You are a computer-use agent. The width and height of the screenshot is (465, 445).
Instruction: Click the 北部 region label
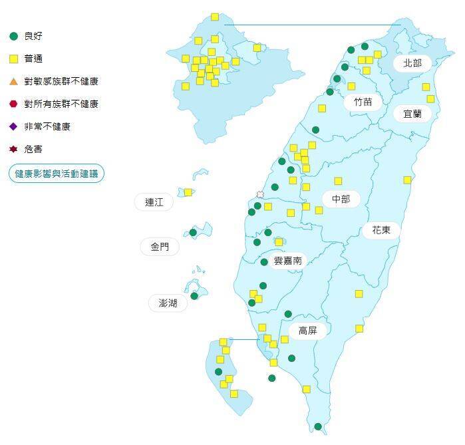click(412, 63)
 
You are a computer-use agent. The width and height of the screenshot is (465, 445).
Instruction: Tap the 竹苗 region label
click(363, 102)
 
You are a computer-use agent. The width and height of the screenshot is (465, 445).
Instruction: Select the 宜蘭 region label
click(412, 113)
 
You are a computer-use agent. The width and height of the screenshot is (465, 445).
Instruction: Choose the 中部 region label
click(341, 199)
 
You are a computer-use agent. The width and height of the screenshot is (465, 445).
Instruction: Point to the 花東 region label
click(381, 230)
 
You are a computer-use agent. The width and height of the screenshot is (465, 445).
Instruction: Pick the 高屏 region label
click(307, 331)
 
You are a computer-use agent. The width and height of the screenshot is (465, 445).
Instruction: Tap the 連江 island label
click(154, 202)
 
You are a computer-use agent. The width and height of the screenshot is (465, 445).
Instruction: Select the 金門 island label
click(160, 247)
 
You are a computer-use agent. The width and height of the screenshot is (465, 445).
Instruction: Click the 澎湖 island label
click(168, 303)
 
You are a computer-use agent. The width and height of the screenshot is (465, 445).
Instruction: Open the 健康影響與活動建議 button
click(57, 174)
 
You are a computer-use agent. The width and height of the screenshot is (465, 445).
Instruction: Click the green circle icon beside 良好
click(13, 36)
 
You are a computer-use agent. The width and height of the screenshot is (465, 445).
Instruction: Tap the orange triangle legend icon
click(13, 81)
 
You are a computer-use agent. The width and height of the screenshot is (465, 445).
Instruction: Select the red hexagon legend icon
click(13, 104)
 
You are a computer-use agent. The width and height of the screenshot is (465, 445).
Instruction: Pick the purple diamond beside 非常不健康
click(13, 126)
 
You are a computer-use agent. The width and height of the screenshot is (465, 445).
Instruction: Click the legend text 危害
click(33, 149)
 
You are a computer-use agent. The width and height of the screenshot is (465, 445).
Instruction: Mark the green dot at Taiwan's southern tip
click(318, 426)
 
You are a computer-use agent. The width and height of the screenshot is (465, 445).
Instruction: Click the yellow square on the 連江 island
click(188, 192)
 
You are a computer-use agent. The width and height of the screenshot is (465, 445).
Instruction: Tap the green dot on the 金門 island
click(193, 232)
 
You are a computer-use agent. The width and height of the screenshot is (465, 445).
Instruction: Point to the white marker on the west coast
click(260, 195)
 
